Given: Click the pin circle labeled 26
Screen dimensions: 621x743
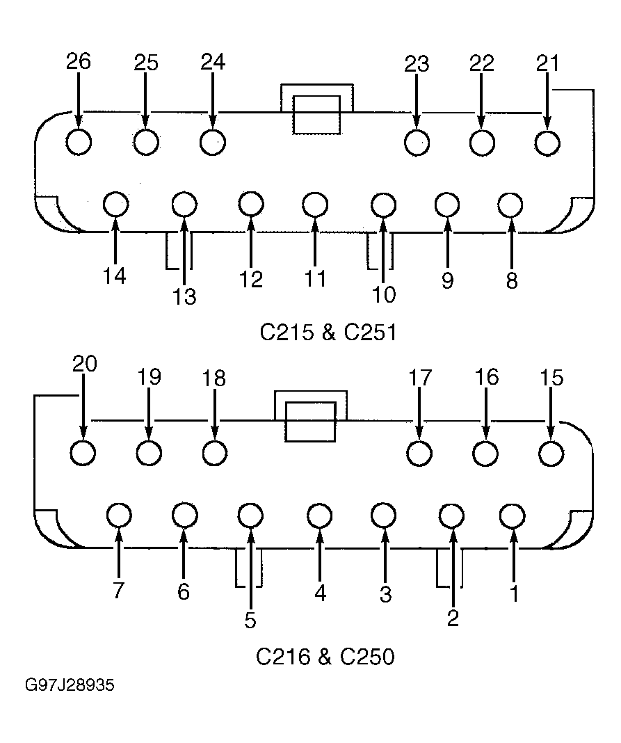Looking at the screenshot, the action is (79, 142).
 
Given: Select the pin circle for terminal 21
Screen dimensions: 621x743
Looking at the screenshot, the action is (547, 143).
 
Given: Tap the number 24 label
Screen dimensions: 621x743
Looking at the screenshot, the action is (213, 62).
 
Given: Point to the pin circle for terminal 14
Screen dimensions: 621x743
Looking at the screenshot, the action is (115, 205).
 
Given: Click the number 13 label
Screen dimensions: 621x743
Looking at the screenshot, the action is (184, 297).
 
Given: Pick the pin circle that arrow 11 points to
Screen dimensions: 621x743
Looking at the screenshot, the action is (314, 205).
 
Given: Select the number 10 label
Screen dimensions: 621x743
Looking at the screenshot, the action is (384, 295).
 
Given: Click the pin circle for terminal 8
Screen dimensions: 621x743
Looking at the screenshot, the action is (510, 205).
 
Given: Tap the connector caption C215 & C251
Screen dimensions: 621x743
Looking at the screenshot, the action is (328, 332).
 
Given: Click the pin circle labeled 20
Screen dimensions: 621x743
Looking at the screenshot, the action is (83, 452).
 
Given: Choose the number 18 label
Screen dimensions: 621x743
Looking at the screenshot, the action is (214, 378).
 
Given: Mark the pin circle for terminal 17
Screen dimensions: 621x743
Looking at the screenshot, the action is (419, 454).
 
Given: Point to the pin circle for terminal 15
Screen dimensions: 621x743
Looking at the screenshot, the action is (551, 454).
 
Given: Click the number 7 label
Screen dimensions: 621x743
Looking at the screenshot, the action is (118, 591).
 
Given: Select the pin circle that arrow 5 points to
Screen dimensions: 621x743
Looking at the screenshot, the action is (250, 515).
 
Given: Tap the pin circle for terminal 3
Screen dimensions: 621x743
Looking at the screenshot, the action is (384, 515).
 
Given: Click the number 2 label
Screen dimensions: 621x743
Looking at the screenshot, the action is (453, 618).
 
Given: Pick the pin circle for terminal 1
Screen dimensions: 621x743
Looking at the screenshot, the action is (513, 515).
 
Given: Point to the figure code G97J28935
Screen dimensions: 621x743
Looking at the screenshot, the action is (70, 686).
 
